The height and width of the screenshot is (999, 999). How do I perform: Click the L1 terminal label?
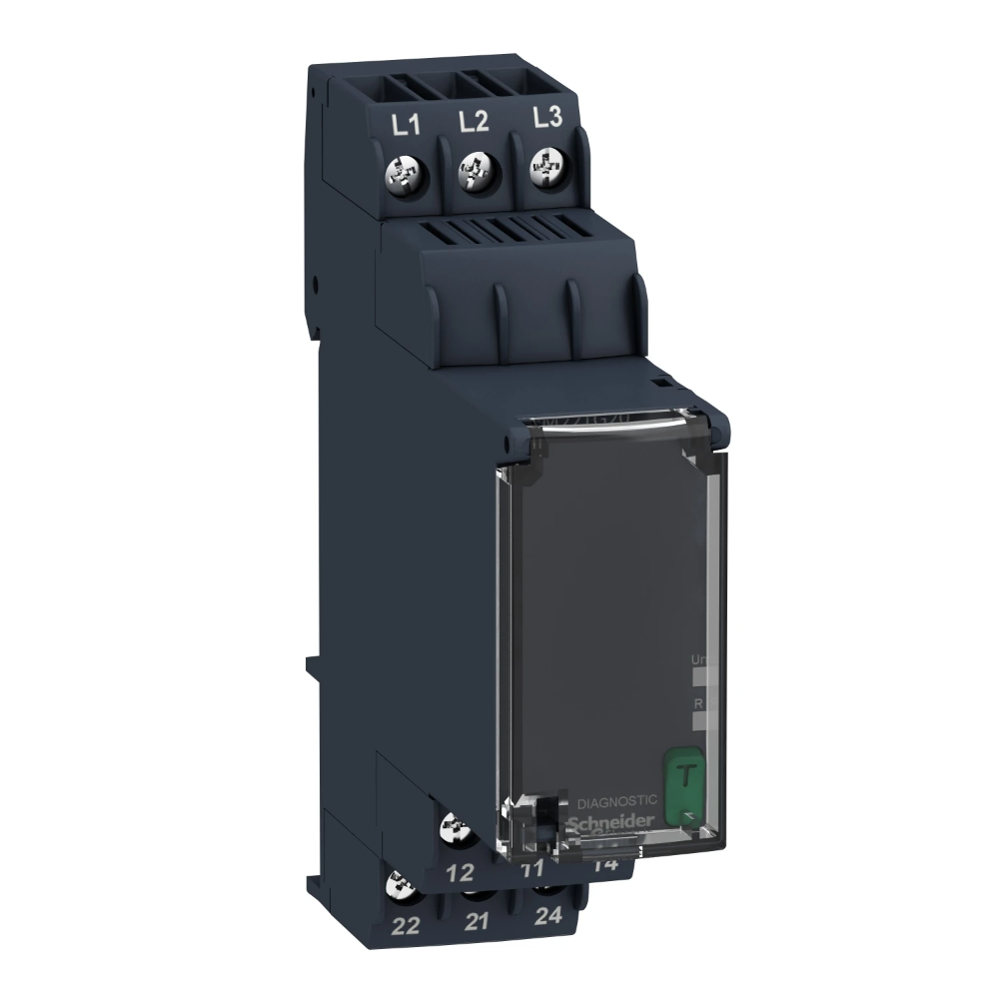coord(404,128)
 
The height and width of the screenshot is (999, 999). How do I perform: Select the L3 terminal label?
coord(545,117)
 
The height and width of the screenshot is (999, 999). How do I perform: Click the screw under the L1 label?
coord(407,176)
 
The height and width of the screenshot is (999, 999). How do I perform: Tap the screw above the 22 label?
coord(401,884)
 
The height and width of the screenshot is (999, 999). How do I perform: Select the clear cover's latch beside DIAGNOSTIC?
coord(540,815)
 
